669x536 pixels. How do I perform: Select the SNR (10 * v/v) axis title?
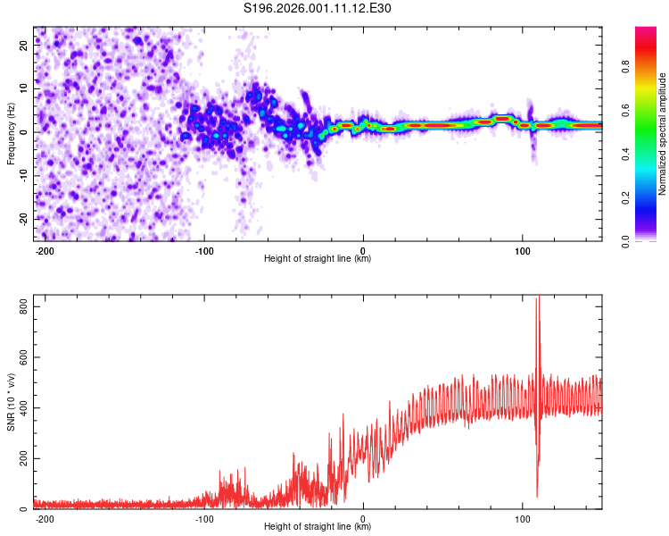11,404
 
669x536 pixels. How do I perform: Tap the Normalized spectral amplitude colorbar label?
663,134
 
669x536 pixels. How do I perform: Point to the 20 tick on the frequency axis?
24,47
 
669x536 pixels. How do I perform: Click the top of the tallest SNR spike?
537,297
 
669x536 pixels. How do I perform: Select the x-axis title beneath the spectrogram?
318,259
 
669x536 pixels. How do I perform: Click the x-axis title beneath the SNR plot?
318,527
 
